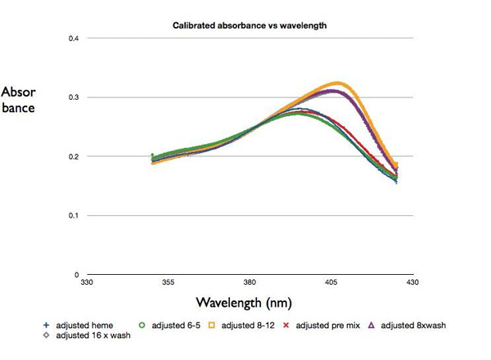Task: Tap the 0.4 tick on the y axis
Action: [72, 38]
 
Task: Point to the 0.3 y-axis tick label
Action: [72, 97]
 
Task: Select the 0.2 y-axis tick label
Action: [72, 156]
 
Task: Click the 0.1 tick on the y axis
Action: [72, 216]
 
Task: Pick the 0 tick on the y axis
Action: [76, 275]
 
